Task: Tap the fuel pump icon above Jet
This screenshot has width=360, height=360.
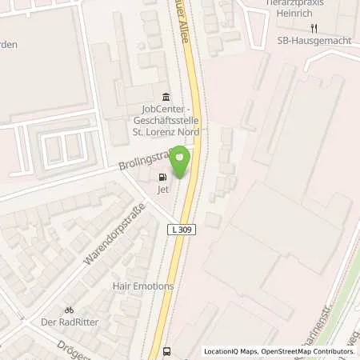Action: tap(164, 178)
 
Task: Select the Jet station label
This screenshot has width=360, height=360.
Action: tap(164, 189)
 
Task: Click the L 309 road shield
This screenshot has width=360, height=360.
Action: tap(179, 230)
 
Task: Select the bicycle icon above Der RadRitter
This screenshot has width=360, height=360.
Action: tap(69, 310)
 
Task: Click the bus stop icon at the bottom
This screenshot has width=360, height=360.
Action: tap(166, 350)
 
